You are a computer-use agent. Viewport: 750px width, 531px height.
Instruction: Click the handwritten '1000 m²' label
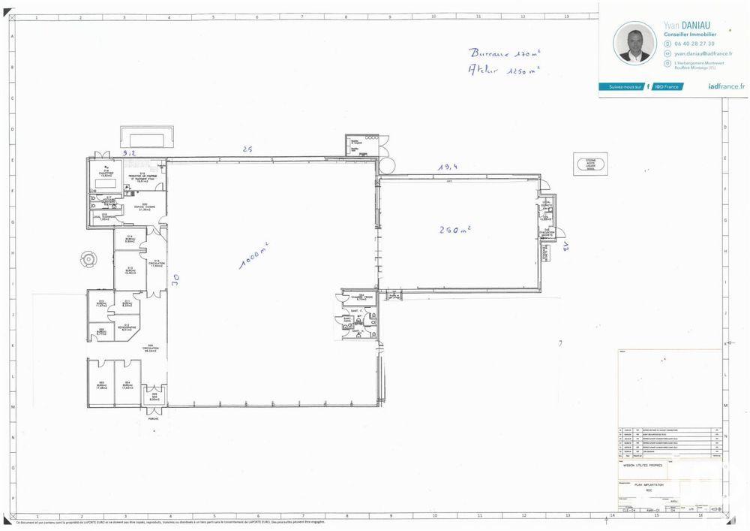pyautogui.click(x=254, y=256)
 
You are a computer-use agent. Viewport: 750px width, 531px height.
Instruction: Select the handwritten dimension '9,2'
pyautogui.click(x=130, y=152)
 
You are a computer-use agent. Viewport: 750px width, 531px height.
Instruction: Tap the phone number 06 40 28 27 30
pyautogui.click(x=694, y=44)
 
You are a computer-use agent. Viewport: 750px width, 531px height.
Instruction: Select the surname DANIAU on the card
pyautogui.click(x=700, y=26)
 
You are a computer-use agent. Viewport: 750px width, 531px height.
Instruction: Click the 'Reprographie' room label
pyautogui.click(x=127, y=328)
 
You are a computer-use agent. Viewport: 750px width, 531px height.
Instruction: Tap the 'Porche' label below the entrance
pyautogui.click(x=153, y=419)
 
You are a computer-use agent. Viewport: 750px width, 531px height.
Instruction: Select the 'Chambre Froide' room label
pyautogui.click(x=361, y=297)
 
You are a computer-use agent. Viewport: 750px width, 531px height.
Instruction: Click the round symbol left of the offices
pyautogui.click(x=89, y=260)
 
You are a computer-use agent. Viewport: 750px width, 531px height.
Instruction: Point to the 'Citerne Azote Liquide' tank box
pyautogui.click(x=589, y=165)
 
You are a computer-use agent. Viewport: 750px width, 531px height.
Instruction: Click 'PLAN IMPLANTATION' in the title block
pyautogui.click(x=649, y=486)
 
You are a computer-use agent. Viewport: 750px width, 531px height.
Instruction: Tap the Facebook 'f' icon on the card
pyautogui.click(x=647, y=86)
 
